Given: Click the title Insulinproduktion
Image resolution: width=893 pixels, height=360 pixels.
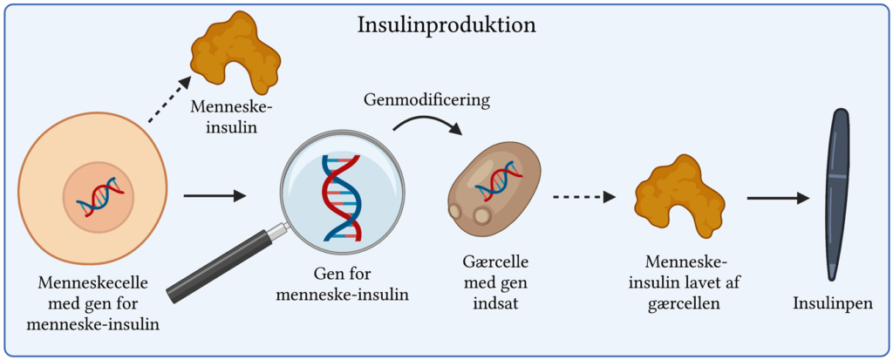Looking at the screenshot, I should point(446,24).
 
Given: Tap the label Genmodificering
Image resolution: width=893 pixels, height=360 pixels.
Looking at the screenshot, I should point(426,99).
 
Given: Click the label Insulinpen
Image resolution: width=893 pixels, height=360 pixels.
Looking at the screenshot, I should point(832,304).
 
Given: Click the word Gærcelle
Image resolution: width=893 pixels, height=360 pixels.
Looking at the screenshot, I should point(495,262).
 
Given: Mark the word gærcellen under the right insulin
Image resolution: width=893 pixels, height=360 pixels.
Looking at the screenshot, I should point(684,302).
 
